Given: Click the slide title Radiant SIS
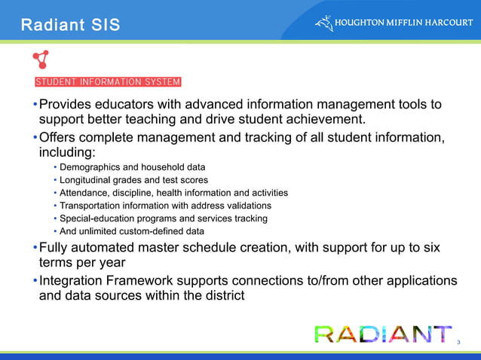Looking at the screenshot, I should [70, 25].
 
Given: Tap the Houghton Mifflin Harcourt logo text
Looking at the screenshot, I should [404, 23].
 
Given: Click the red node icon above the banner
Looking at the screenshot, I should [41, 61].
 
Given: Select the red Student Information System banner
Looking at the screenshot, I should [108, 82].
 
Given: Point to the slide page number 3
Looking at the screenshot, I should [459, 342].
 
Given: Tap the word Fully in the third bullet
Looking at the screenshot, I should [55, 248].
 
